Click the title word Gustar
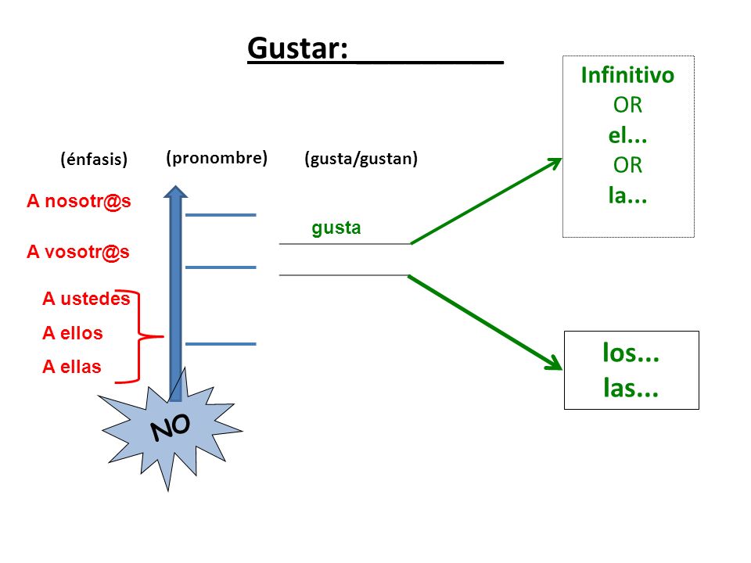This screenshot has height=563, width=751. pos(297,48)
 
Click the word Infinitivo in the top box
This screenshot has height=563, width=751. pos(627,75)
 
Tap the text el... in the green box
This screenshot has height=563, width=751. pos(627,135)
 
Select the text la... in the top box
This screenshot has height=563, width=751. pos(627,195)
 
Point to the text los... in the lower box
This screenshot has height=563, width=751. pos(631,353)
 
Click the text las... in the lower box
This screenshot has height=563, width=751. pos(631,388)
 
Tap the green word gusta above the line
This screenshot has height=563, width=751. pos(336,228)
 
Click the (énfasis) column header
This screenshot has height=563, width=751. pos(94,159)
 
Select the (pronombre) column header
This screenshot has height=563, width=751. pos(217,158)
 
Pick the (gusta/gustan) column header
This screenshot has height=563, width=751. pos(361,159)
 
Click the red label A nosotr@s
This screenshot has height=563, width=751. pos(78,201)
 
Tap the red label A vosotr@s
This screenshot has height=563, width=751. pos(78,252)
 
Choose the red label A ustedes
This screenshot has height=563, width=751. pos(86,298)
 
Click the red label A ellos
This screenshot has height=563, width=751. pos(72,333)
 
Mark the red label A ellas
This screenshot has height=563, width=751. pos(72,367)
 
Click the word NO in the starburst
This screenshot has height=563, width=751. pos(171,427)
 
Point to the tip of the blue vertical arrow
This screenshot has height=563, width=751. pos(176,186)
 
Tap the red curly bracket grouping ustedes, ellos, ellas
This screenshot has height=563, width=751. pos(139,336)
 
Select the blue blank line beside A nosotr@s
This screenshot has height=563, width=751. pos(221,215)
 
